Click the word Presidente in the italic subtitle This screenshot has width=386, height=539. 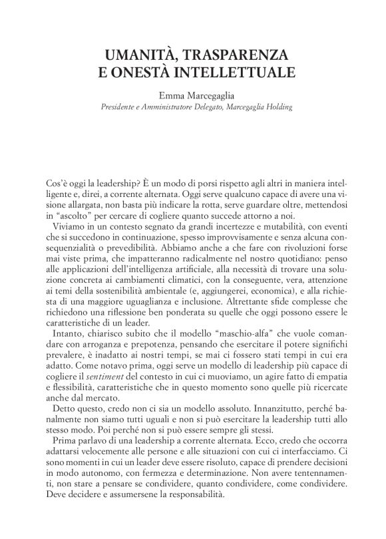pos(120,106)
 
